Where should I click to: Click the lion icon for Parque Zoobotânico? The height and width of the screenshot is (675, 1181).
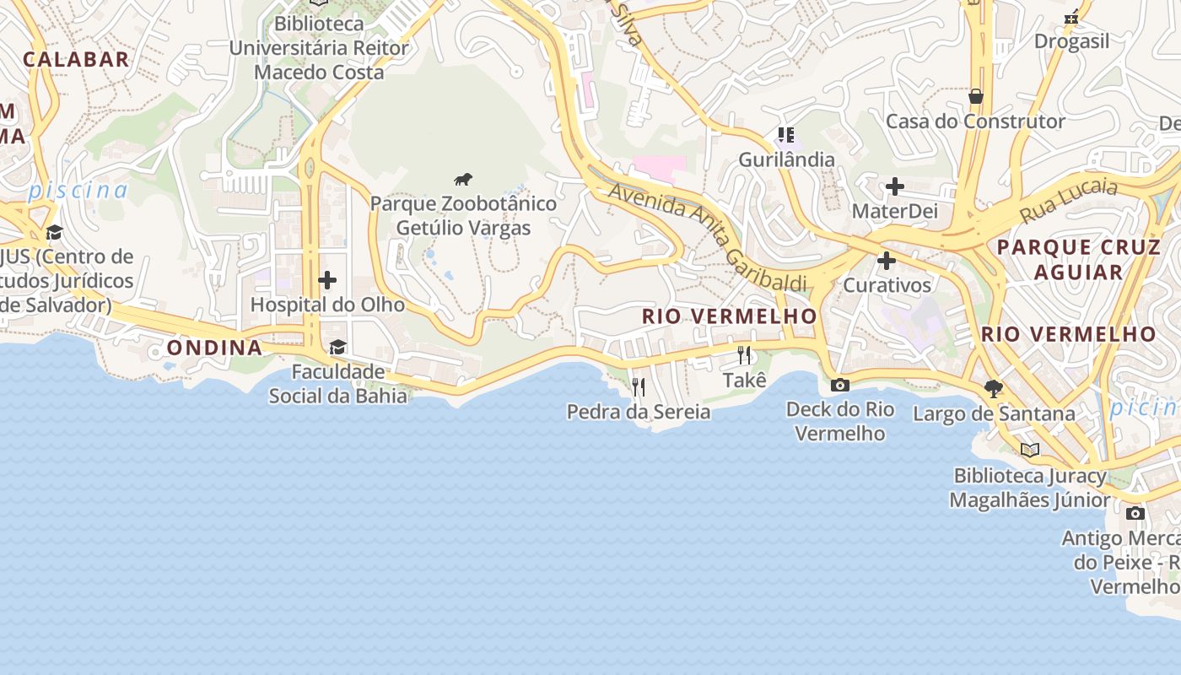point(463,179)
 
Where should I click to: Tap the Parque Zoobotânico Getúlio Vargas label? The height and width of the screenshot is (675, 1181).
point(463,216)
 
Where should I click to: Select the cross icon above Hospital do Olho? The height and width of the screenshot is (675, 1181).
point(327,280)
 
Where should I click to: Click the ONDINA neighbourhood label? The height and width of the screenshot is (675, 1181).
point(214,348)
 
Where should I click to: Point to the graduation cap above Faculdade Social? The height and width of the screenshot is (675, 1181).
point(337,347)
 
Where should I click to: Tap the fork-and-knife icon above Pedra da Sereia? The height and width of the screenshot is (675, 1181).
point(639,387)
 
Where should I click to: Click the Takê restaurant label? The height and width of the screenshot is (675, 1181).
point(745,381)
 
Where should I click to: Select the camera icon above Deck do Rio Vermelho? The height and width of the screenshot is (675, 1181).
point(839,386)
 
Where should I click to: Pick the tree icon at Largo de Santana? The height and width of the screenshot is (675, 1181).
point(994,389)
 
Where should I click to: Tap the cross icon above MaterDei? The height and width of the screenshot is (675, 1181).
point(894,186)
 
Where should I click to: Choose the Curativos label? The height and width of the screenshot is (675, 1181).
point(887,285)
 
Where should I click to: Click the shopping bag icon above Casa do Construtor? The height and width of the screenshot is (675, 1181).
point(976,96)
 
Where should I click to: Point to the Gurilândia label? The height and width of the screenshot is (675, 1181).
point(786,159)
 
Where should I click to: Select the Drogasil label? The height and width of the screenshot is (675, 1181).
point(1071,41)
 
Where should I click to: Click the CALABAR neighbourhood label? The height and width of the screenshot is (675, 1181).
point(76,59)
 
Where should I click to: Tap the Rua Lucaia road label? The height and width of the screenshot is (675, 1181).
point(1069,201)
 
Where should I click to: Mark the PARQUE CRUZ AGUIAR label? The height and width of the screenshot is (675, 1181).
point(1079,260)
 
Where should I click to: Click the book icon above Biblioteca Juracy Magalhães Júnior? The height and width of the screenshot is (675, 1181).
point(1029,450)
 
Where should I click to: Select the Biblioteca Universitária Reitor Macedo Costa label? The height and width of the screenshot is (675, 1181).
point(319,48)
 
